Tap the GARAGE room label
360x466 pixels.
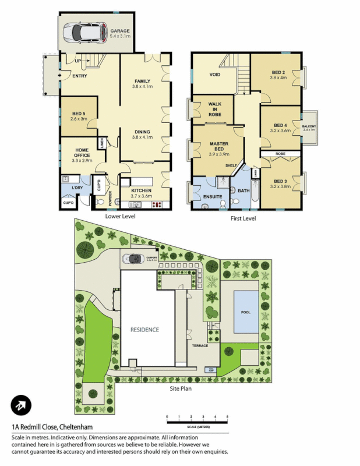click(x=121, y=31)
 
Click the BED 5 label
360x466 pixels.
click(x=79, y=114)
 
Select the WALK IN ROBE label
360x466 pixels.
click(x=215, y=109)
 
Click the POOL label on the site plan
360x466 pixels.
click(x=245, y=312)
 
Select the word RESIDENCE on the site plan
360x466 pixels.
click(x=144, y=330)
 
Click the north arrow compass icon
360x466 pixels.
click(x=21, y=406)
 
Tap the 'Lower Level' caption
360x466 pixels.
click(x=120, y=217)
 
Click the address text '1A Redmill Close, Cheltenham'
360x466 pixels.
click(x=57, y=427)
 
